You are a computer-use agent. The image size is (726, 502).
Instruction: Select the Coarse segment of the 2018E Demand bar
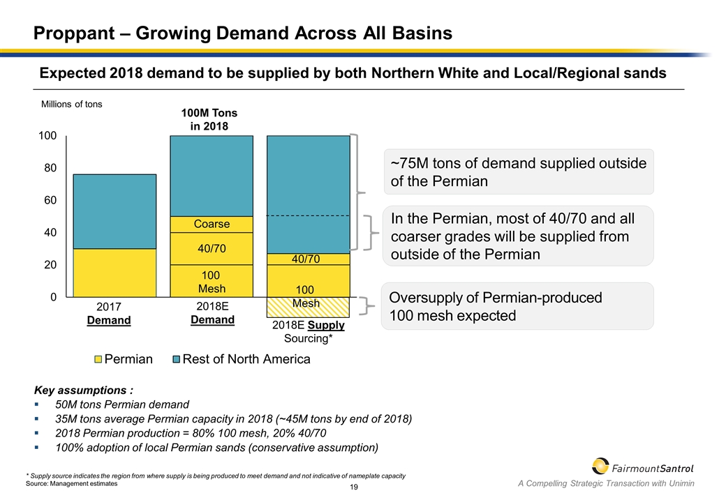click(212, 225)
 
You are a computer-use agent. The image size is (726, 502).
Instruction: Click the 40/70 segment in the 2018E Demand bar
click(212, 248)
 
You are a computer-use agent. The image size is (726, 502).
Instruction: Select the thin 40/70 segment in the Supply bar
click(308, 259)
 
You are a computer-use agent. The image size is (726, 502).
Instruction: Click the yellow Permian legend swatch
click(98, 360)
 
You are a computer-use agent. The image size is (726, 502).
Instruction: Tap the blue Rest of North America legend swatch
click(177, 360)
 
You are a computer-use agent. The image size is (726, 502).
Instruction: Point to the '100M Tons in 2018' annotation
click(209, 119)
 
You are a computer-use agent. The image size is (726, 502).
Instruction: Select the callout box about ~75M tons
click(519, 172)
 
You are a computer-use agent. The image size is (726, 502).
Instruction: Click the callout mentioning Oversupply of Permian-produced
click(519, 306)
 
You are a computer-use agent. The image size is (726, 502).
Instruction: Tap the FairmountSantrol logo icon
click(600, 466)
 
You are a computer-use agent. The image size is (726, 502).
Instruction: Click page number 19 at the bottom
click(354, 487)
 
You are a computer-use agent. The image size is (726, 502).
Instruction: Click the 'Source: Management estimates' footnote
click(71, 483)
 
